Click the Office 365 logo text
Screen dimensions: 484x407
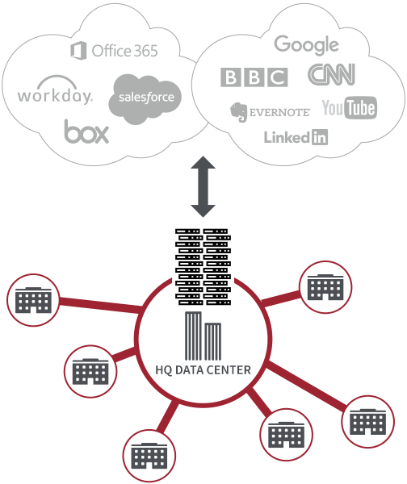click(124, 51)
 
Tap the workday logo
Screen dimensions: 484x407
click(55, 96)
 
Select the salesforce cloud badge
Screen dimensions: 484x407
click(145, 97)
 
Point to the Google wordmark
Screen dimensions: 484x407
click(305, 45)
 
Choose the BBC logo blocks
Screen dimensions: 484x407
click(254, 77)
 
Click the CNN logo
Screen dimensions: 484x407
click(331, 75)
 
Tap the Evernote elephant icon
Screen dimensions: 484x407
click(237, 111)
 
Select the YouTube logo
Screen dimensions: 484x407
click(349, 107)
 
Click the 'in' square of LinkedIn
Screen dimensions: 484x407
click(320, 137)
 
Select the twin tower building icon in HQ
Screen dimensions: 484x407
click(202, 336)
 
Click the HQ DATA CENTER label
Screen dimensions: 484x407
click(203, 370)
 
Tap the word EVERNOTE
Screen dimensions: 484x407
click(279, 111)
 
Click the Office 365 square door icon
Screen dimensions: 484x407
click(78, 51)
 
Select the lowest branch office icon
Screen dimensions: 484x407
click(148, 457)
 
